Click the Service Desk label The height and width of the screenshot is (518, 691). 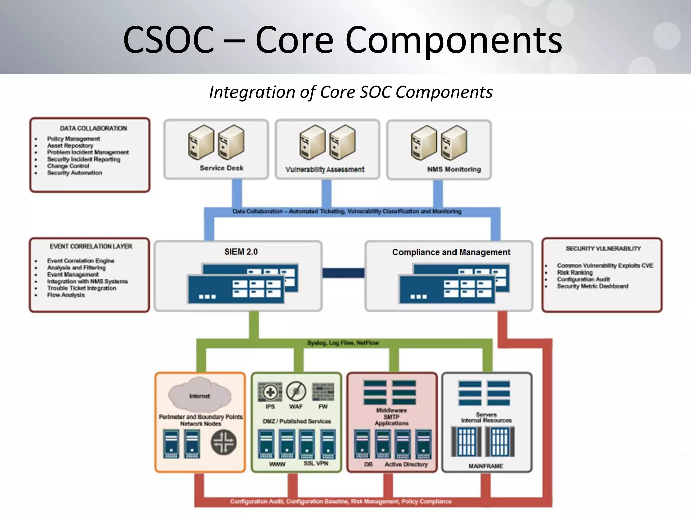click(x=221, y=168)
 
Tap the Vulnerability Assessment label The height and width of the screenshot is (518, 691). click(x=325, y=169)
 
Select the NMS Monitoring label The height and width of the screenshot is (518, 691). click(x=454, y=169)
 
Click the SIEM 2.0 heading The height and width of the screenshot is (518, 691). click(x=241, y=252)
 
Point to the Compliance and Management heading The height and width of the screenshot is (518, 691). click(x=451, y=252)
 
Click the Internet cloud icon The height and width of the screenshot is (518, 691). click(x=199, y=395)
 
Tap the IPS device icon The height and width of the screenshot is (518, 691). click(x=270, y=392)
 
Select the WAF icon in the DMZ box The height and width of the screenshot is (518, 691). click(x=296, y=392)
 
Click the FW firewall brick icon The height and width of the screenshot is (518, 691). click(x=323, y=392)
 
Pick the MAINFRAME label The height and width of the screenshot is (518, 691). click(x=486, y=466)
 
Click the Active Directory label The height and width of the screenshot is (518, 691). click(x=406, y=464)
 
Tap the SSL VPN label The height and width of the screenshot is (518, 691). click(x=315, y=463)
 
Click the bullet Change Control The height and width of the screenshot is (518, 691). click(x=68, y=166)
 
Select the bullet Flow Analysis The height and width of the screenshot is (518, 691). click(x=66, y=295)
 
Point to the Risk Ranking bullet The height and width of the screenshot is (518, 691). click(x=575, y=272)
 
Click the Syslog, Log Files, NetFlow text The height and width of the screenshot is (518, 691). click(x=343, y=343)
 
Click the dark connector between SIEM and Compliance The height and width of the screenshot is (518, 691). click(x=343, y=273)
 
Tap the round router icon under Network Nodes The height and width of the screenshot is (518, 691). click(x=223, y=442)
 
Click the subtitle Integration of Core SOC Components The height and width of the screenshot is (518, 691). click(x=351, y=92)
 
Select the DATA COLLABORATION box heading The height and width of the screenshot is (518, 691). click(x=93, y=128)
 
